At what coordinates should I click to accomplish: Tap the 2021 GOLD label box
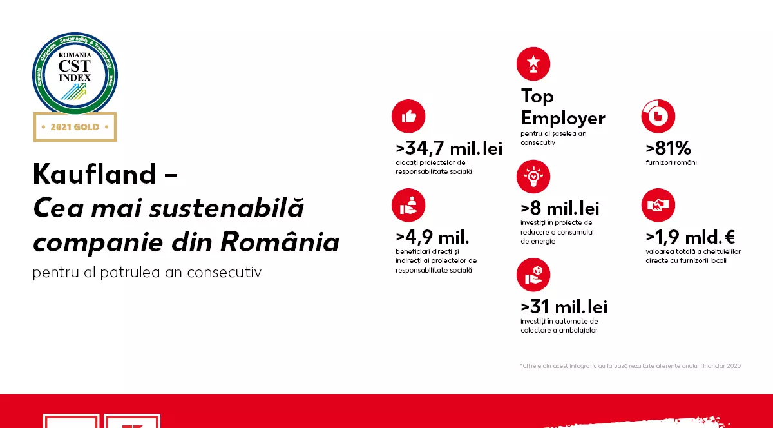click(x=75, y=127)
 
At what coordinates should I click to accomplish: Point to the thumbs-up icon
click(x=408, y=116)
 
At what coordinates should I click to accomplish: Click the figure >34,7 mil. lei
click(x=449, y=149)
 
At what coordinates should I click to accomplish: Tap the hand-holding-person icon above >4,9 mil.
click(x=408, y=205)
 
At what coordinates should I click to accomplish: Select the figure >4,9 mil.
click(x=432, y=237)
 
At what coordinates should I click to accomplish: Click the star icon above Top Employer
click(x=533, y=64)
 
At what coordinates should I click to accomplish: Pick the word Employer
click(x=563, y=118)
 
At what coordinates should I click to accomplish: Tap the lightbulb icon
click(x=533, y=177)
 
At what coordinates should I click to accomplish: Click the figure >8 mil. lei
click(x=560, y=209)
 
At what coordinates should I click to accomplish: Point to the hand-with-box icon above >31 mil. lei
click(x=533, y=275)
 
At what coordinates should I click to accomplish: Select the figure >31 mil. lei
click(x=564, y=307)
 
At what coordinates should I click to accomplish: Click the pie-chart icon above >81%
click(x=658, y=116)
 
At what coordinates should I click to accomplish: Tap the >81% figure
click(x=669, y=149)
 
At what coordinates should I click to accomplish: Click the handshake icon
click(x=658, y=205)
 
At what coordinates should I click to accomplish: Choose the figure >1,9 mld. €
click(x=691, y=237)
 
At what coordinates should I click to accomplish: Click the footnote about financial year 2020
click(x=631, y=366)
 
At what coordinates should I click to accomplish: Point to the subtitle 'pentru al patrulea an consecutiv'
click(x=148, y=272)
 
